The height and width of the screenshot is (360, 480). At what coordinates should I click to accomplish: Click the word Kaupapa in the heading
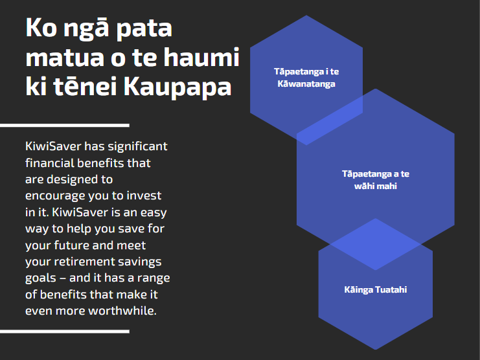click(177, 87)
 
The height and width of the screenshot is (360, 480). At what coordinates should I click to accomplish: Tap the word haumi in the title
click(201, 57)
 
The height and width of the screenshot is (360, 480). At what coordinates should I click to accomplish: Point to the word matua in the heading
click(65, 58)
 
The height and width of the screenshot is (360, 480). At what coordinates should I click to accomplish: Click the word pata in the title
click(144, 29)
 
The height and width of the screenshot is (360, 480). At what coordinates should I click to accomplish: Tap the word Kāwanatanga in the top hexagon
click(306, 84)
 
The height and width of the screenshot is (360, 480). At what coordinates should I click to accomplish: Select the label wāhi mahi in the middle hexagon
click(375, 186)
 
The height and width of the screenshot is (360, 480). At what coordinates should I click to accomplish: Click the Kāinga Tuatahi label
click(376, 289)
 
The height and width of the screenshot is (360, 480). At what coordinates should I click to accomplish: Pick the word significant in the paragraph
click(137, 147)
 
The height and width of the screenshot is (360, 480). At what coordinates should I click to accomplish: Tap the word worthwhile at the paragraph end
click(122, 311)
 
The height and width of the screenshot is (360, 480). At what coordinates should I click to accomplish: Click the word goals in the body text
click(41, 278)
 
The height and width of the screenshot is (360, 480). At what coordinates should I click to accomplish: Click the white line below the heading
click(65, 126)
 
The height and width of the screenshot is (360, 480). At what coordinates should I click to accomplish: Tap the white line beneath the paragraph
click(65, 332)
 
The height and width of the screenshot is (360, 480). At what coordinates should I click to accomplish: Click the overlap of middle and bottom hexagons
click(376, 244)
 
